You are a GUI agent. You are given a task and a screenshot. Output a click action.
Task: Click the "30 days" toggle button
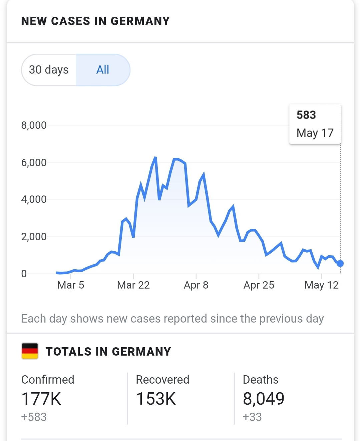[x=49, y=70]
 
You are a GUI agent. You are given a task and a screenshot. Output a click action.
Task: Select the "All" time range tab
[x=103, y=70]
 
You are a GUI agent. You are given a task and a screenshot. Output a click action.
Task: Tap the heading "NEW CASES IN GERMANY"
[x=95, y=21]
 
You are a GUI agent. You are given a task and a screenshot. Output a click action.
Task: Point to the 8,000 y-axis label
[x=34, y=125]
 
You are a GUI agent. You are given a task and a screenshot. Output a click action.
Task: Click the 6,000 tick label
[x=34, y=162]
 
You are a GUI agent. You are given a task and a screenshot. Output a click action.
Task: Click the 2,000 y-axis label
[x=34, y=237]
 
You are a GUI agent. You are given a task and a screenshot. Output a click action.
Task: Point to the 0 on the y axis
[x=24, y=274]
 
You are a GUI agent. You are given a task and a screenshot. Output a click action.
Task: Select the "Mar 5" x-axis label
[x=71, y=285]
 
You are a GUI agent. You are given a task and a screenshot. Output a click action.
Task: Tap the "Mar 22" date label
[x=133, y=285]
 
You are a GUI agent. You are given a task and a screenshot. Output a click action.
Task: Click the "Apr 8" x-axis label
[x=196, y=285]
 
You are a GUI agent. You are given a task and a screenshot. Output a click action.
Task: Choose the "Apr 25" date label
[x=259, y=285]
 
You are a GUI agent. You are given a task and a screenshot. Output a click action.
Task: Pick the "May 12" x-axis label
[x=322, y=285]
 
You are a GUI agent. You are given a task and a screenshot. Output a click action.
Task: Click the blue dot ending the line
[x=340, y=264]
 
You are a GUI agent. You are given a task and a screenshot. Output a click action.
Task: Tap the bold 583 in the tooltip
[x=306, y=115]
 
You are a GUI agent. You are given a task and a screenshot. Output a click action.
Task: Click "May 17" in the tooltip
[x=315, y=133]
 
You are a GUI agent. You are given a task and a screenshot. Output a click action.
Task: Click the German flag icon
[x=30, y=351]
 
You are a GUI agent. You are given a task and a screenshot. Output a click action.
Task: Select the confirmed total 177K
[x=41, y=399]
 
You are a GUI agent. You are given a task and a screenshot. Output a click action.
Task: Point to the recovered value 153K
[x=156, y=399]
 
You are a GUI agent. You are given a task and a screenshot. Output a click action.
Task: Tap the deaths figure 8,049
[x=264, y=399]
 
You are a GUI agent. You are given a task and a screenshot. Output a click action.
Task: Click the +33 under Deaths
[x=252, y=417]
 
